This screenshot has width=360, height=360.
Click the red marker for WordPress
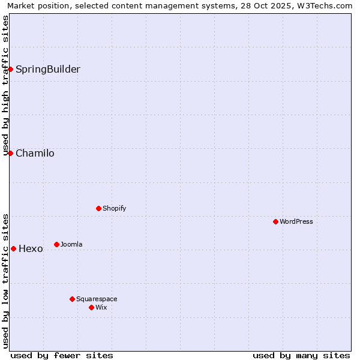[x=275, y=221]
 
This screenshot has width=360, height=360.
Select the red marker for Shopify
[x=98, y=208]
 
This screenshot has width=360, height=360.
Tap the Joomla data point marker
[x=56, y=244]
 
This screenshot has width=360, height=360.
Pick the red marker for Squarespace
[x=72, y=299]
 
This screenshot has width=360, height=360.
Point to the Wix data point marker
[x=91, y=307]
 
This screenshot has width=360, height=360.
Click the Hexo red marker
[x=13, y=248]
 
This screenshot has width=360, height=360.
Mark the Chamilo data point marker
[x=10, y=153]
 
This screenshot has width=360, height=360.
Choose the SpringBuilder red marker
[x=10, y=69]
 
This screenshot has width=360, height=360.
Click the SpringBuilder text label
[x=47, y=69]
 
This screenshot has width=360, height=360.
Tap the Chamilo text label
[x=35, y=153]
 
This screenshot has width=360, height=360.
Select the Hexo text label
[x=31, y=248]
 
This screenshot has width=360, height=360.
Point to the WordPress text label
[x=296, y=221]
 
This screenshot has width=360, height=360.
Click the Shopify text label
[x=114, y=208]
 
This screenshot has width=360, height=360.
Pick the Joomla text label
[x=71, y=244]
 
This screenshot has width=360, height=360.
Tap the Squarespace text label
[x=97, y=299]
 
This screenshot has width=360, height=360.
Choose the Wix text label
[x=101, y=307]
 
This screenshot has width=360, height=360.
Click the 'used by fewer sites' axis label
[x=62, y=355]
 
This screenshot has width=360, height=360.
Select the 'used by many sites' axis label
[x=301, y=355]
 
